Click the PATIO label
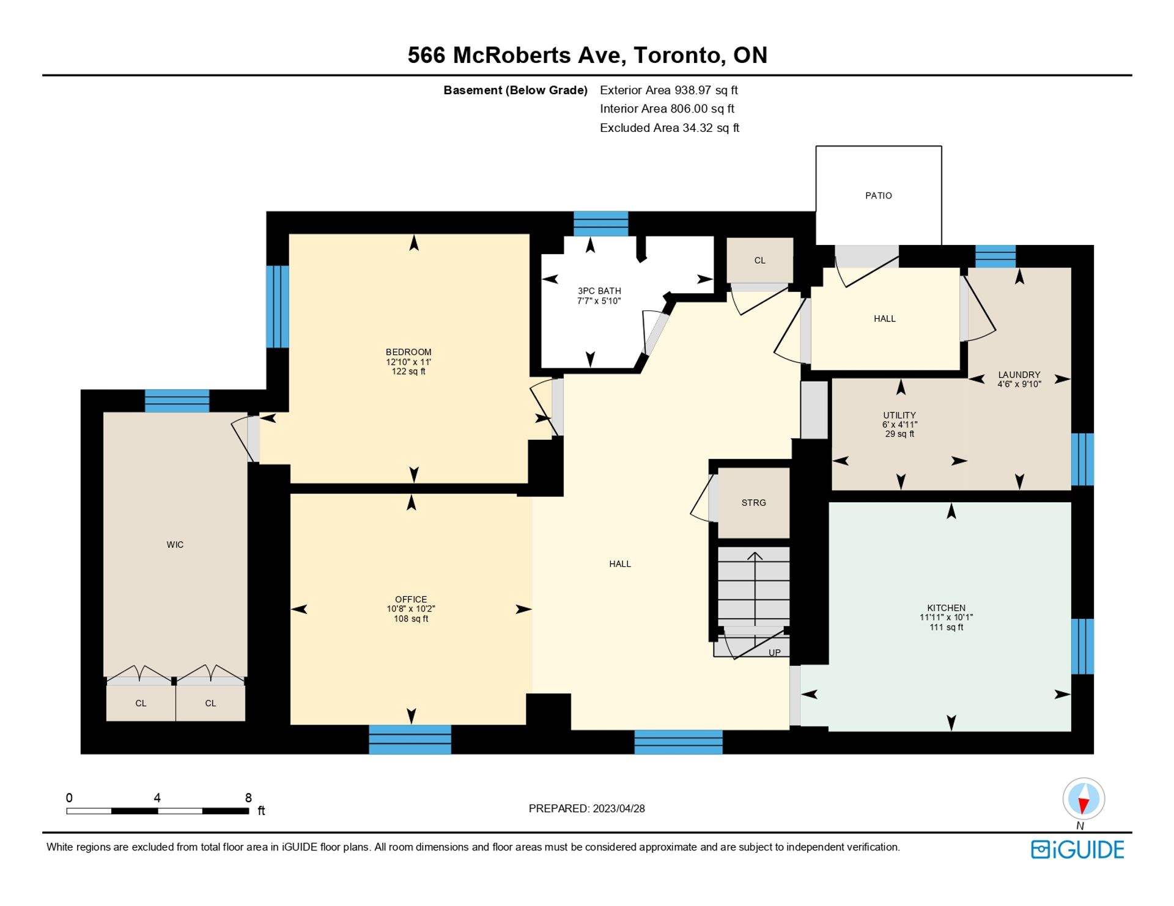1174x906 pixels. [878, 195]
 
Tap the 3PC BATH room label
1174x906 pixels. [599, 291]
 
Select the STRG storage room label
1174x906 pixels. [753, 503]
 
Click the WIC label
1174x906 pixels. [175, 544]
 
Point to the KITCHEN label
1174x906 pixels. [946, 608]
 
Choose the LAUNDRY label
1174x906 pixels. [1019, 374]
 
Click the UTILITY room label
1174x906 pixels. [899, 415]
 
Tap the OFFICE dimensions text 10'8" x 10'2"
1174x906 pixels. [411, 609]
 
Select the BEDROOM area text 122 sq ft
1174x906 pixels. [408, 371]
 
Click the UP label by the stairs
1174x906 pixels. [775, 652]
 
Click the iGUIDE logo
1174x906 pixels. [1077, 850]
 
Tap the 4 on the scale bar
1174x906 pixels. [157, 797]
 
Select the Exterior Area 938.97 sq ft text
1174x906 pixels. [669, 90]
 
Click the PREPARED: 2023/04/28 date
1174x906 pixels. [586, 808]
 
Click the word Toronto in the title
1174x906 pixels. [679, 56]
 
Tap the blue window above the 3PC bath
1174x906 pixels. [600, 224]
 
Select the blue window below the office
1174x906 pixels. [410, 739]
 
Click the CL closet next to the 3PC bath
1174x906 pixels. [759, 260]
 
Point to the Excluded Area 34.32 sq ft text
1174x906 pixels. [670, 128]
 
